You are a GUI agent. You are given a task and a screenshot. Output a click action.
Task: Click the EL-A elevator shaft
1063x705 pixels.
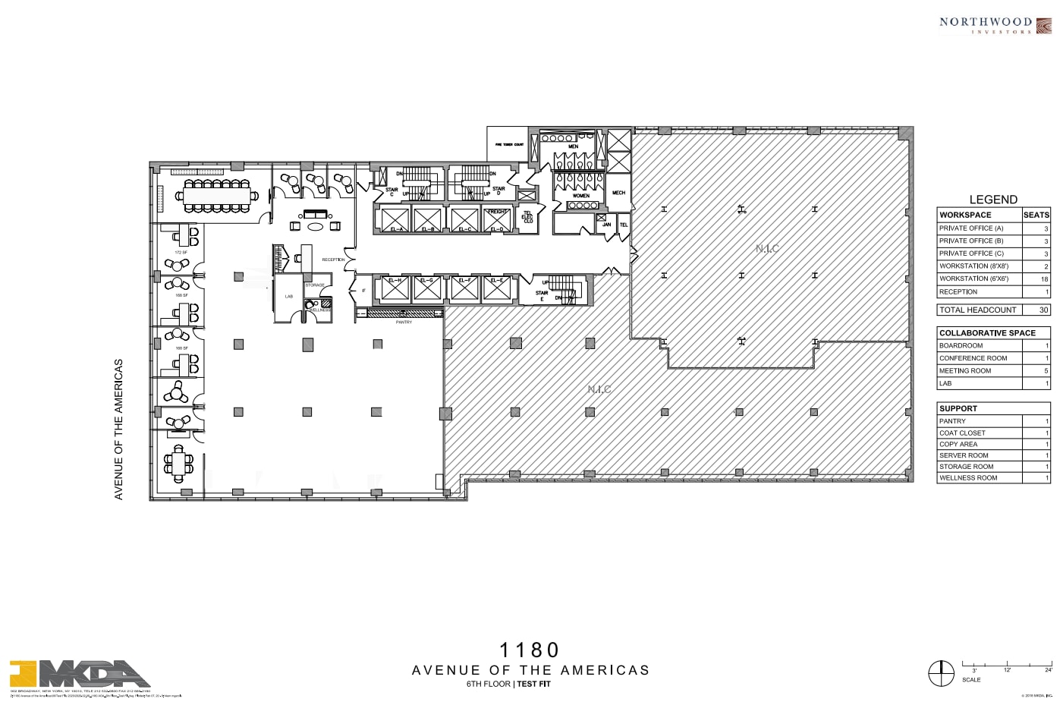coord(395,219)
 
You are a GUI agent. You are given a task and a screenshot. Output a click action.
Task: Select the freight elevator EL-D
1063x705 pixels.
coord(497,219)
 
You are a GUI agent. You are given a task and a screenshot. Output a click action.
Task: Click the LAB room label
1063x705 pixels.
coord(289,297)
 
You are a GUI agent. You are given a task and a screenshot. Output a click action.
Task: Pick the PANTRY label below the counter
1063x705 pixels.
coord(404,323)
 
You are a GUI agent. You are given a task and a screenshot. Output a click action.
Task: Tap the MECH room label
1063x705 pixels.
coord(618,193)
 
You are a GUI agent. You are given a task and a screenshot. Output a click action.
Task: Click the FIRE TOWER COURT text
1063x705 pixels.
coord(509,144)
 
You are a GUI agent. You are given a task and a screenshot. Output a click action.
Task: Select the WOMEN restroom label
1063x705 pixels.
coord(580,196)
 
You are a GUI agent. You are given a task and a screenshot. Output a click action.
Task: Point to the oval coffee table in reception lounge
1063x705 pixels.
coord(315,226)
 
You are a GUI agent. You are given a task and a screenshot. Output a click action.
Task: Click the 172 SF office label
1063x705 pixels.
coord(181,253)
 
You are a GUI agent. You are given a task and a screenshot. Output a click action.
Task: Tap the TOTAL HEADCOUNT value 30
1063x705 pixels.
coord(1044,310)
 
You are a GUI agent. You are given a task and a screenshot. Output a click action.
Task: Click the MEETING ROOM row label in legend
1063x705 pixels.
coord(965,371)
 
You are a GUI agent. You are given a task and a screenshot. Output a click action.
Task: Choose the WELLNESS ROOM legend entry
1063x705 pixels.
coord(968,478)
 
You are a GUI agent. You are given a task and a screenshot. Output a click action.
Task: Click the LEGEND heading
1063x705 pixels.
coord(992,200)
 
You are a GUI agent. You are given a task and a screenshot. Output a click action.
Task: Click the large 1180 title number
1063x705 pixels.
coord(530,650)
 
